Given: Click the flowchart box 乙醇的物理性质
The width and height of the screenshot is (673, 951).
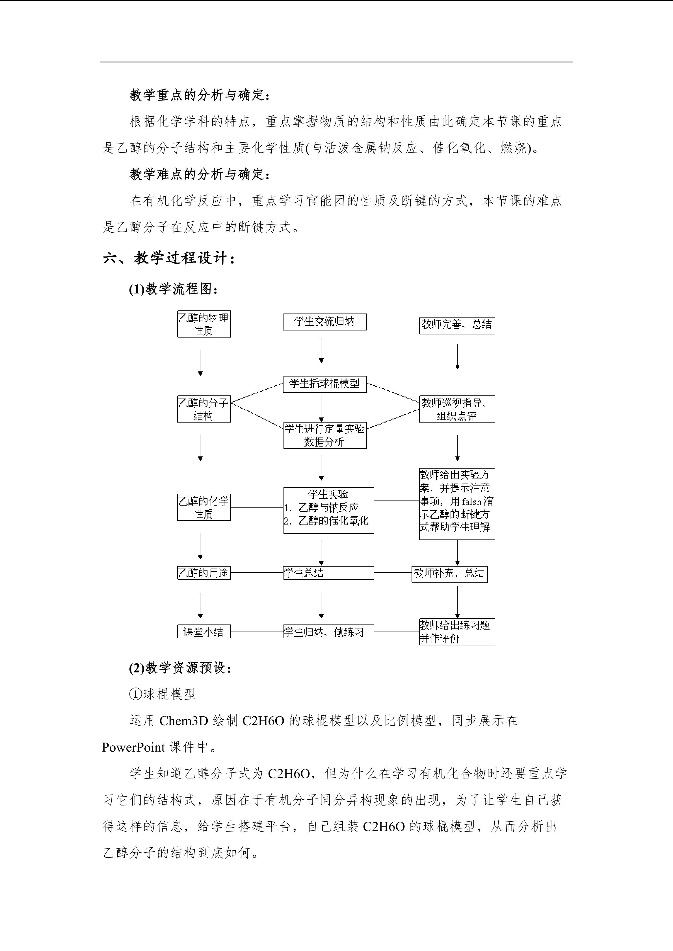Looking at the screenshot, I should (204, 324).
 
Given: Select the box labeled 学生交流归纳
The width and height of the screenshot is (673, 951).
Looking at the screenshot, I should (324, 322).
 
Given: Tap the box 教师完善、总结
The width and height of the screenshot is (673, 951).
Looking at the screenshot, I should (457, 325).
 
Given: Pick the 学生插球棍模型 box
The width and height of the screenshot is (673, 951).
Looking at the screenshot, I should (324, 384).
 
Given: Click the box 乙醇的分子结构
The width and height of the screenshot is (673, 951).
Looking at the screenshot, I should (204, 409).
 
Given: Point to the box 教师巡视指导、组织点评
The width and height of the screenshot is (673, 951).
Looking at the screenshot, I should (457, 409).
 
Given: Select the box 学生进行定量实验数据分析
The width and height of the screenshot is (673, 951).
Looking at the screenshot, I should (324, 435).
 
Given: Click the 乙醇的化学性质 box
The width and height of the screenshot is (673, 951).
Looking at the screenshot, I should (204, 507).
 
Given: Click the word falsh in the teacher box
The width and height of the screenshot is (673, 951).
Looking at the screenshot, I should (471, 502).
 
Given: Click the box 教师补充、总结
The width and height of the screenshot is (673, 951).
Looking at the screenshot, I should (449, 574).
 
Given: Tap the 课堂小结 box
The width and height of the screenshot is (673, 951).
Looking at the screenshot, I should (204, 632).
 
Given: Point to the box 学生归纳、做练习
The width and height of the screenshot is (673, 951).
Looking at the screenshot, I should (328, 632).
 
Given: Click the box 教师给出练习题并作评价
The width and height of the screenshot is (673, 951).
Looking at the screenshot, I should (457, 632).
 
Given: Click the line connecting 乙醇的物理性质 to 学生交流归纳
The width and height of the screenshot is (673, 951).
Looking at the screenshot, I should (257, 324).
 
